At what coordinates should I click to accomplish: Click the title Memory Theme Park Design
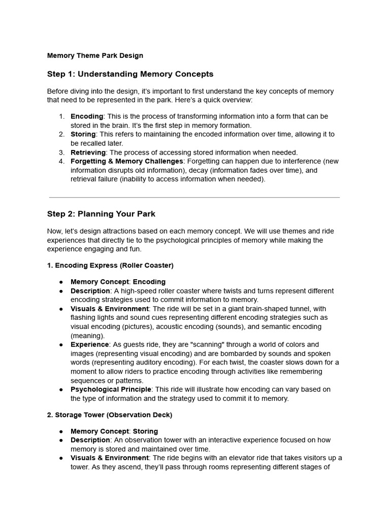95,56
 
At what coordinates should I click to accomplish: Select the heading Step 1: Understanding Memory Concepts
130,74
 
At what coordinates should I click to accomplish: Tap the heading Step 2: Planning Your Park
101,214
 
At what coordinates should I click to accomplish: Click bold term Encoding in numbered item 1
86,117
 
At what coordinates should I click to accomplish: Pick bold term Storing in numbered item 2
83,134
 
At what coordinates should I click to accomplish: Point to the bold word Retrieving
88,152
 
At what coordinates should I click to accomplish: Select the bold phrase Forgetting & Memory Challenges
126,161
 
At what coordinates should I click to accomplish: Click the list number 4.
61,161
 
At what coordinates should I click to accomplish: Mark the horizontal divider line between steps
194,197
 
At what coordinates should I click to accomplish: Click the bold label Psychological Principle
111,389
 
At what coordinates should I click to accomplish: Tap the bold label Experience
90,345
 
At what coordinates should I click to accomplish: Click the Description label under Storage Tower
90,440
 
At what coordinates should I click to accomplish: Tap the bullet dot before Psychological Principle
61,390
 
